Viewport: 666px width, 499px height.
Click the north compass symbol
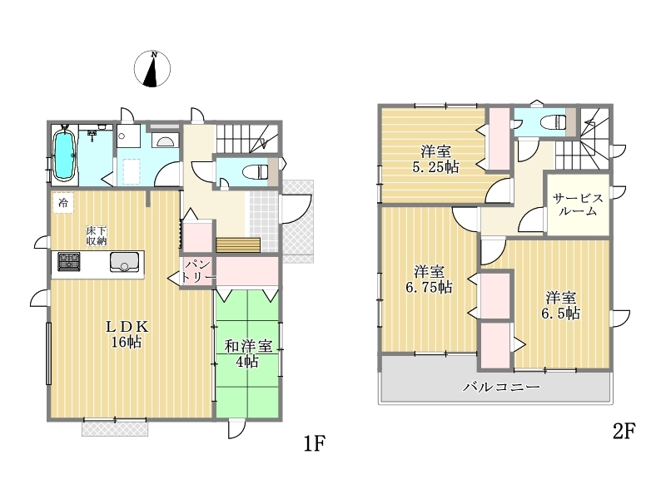pos(152,69)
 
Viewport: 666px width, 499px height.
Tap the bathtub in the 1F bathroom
pos(65,155)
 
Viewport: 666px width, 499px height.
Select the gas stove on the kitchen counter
pos(69,261)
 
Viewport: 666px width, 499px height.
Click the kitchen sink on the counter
pos(124,262)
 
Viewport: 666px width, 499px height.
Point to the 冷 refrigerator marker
pos(63,203)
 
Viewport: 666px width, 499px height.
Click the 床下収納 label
pos(97,236)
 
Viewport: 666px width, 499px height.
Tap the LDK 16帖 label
pos(127,334)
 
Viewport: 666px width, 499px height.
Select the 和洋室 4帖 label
pos(248,353)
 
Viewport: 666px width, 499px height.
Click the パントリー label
pos(197,271)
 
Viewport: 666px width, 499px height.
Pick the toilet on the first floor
pos(255,172)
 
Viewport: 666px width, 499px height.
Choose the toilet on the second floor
pos(553,122)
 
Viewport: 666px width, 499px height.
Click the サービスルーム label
pos(578,205)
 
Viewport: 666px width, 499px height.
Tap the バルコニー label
pos(502,387)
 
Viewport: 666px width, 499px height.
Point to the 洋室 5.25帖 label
pos(435,159)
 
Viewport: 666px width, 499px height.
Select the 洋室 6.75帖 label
pos(429,279)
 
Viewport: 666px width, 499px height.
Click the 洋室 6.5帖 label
pos(560,305)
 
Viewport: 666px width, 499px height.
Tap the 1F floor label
pos(315,444)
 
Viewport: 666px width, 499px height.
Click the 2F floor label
pos(624,431)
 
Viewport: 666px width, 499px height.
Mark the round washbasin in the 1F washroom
pos(122,136)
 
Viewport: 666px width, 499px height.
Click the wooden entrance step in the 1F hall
pos(238,245)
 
